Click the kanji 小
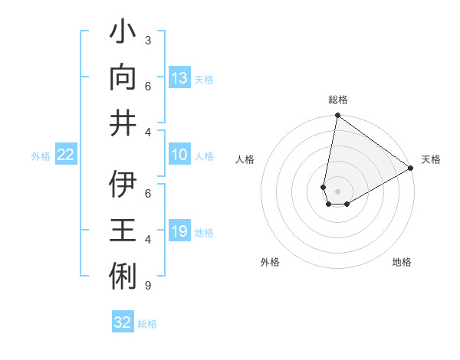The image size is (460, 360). [123, 33]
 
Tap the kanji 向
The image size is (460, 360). [123, 78]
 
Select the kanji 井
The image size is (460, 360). [123, 123]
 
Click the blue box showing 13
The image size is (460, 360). [179, 78]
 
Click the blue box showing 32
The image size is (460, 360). [123, 322]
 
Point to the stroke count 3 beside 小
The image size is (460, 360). [147, 40]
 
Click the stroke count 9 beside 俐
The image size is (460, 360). [147, 286]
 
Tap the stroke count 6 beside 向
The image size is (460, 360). [147, 86]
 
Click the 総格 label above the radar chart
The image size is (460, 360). [338, 100]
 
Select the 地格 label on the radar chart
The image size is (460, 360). [402, 262]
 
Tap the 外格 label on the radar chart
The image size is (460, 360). [270, 262]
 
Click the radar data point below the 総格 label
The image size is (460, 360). [337, 116]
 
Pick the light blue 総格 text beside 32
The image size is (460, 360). [147, 324]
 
